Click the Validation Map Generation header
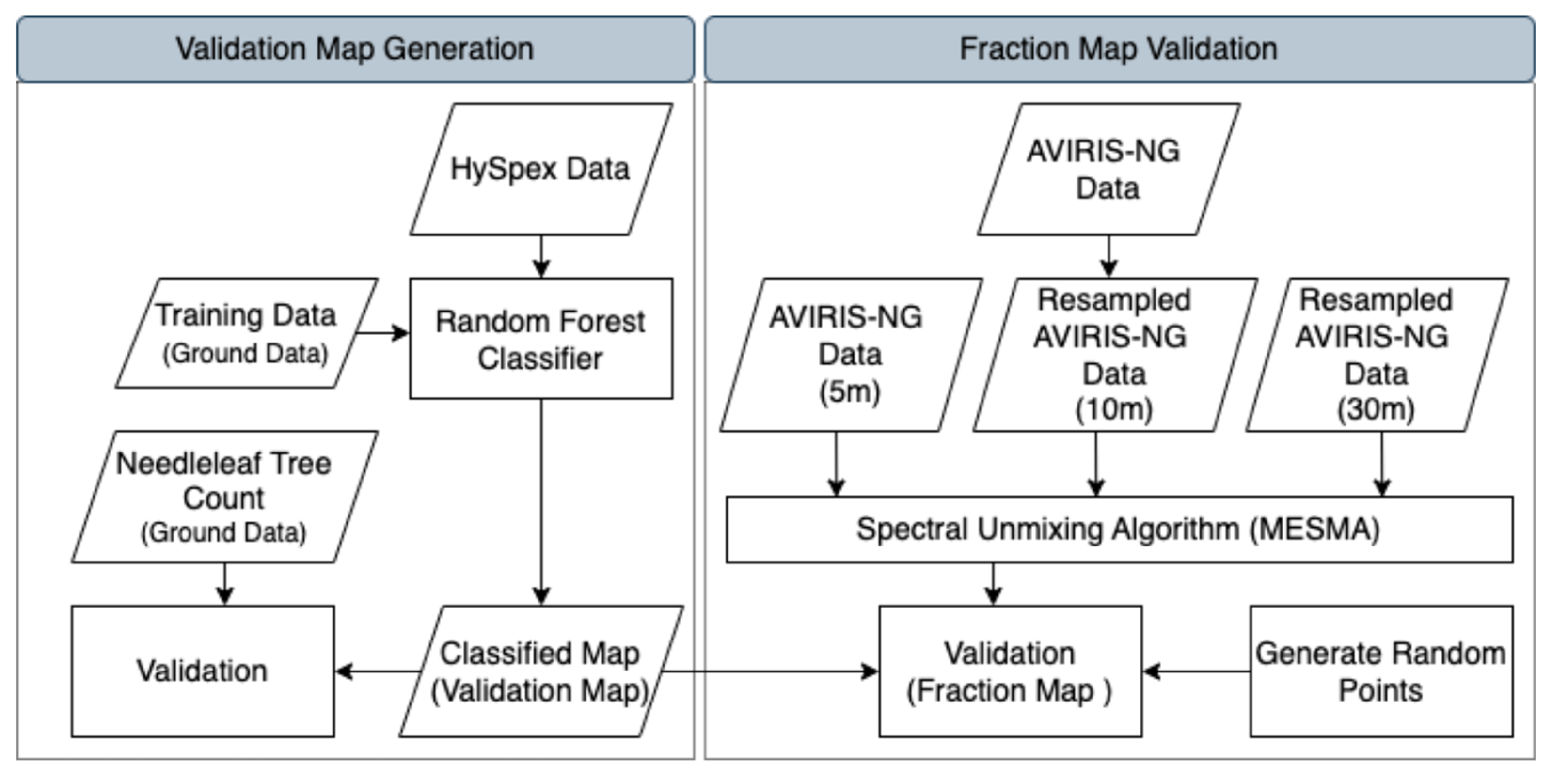click(x=355, y=49)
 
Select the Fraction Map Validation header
click(x=1119, y=49)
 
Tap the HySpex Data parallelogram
click(x=540, y=169)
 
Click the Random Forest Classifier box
click(x=540, y=339)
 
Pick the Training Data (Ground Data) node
click(x=246, y=333)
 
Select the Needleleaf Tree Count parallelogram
click(x=224, y=497)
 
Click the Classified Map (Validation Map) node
click(x=540, y=671)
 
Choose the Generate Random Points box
click(x=1381, y=671)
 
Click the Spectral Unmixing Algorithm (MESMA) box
click(x=1119, y=530)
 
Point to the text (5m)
click(x=850, y=392)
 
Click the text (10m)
click(x=1114, y=409)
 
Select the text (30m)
click(x=1376, y=409)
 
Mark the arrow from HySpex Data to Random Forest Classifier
click(x=541, y=256)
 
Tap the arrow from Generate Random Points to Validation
click(x=1196, y=671)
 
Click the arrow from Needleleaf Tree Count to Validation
click(x=225, y=583)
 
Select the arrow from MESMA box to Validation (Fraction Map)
click(x=993, y=583)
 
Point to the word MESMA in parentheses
click(x=1314, y=530)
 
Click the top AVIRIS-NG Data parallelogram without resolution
click(x=1108, y=169)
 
